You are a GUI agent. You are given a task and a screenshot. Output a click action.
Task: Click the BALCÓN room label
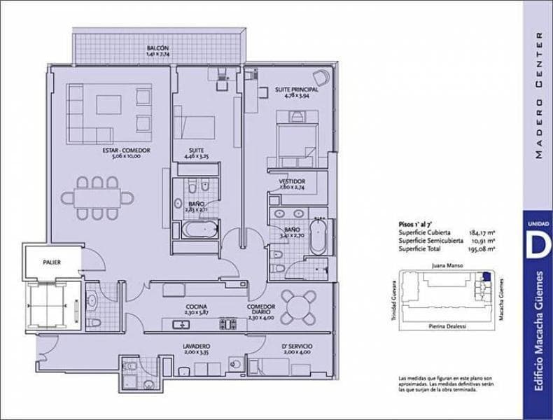(157, 48)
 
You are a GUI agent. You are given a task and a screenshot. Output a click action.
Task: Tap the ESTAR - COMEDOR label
(126, 150)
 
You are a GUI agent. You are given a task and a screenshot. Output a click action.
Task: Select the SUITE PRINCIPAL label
(296, 90)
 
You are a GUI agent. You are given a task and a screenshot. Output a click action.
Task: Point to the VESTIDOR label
(291, 181)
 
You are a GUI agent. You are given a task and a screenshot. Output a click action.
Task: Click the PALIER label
(51, 262)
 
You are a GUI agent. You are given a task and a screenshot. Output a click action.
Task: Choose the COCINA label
(195, 307)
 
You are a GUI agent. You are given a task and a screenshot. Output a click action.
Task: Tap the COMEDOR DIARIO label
(261, 309)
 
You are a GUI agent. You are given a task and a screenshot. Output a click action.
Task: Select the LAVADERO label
(197, 346)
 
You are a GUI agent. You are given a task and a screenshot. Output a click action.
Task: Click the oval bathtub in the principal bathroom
(318, 236)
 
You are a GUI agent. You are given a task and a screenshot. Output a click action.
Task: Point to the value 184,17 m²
(483, 232)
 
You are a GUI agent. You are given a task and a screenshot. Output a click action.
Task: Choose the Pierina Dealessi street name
(444, 327)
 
